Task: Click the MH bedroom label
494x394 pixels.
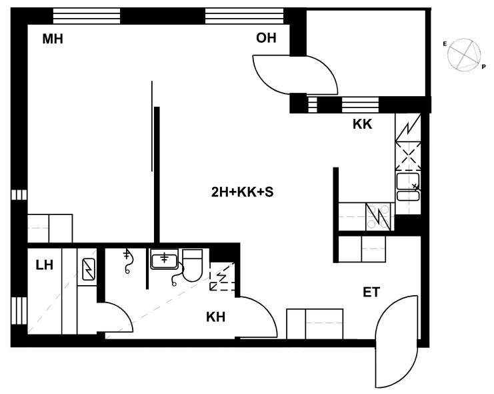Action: point(53,39)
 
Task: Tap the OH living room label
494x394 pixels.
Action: point(266,38)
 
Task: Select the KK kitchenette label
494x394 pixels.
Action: point(362,124)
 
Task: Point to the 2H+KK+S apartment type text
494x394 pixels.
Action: point(242,192)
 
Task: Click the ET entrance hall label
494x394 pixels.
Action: point(371,292)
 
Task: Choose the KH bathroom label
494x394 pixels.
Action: point(216,317)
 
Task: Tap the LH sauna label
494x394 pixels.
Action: point(45,265)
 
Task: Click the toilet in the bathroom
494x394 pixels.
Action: point(193,265)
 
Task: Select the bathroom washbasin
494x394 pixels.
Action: point(164,259)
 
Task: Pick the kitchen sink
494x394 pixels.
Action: point(408,187)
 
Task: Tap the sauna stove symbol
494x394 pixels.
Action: point(89,269)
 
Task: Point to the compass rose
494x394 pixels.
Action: point(465,54)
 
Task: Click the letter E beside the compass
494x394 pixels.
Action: point(445,44)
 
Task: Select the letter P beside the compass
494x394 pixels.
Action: point(483,67)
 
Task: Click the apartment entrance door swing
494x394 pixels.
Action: point(397,342)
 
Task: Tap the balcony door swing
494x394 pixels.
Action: point(295,75)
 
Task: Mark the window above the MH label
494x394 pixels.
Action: point(86,16)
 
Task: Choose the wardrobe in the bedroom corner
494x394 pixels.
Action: point(50,228)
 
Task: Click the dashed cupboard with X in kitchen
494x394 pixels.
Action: point(408,156)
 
